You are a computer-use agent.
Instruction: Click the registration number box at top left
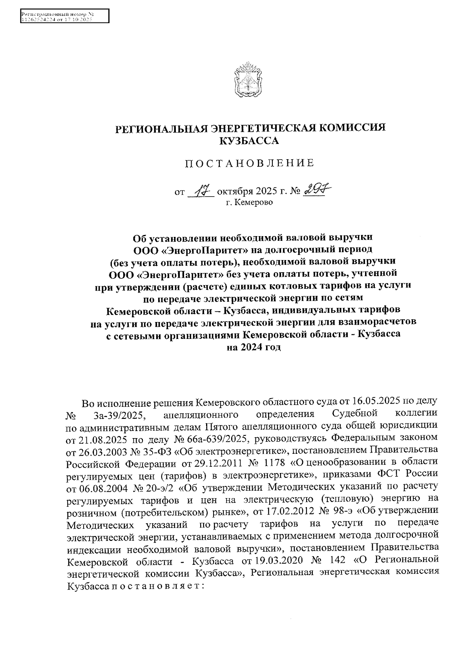64,16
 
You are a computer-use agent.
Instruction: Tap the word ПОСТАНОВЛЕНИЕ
250,163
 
